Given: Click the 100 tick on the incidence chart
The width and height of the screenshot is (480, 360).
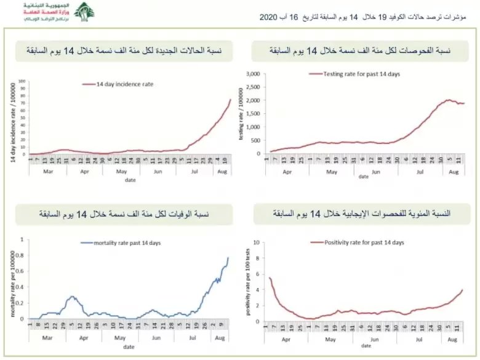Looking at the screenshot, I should point(22,81).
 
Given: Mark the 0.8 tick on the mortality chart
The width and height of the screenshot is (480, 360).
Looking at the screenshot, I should point(23,255).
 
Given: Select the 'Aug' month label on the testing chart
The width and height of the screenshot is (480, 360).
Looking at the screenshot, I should point(454,173).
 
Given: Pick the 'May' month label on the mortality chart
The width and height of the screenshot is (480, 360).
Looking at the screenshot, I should point(121,338).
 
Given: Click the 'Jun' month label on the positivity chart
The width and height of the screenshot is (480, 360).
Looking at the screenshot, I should point(374,338).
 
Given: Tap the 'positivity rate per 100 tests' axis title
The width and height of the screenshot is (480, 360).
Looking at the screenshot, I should point(249,281).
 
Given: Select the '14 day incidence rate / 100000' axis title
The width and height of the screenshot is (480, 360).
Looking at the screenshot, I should point(12,122).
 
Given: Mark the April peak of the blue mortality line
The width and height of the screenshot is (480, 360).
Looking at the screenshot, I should point(73,297).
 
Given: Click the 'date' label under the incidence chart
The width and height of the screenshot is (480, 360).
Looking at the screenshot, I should point(130,180).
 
